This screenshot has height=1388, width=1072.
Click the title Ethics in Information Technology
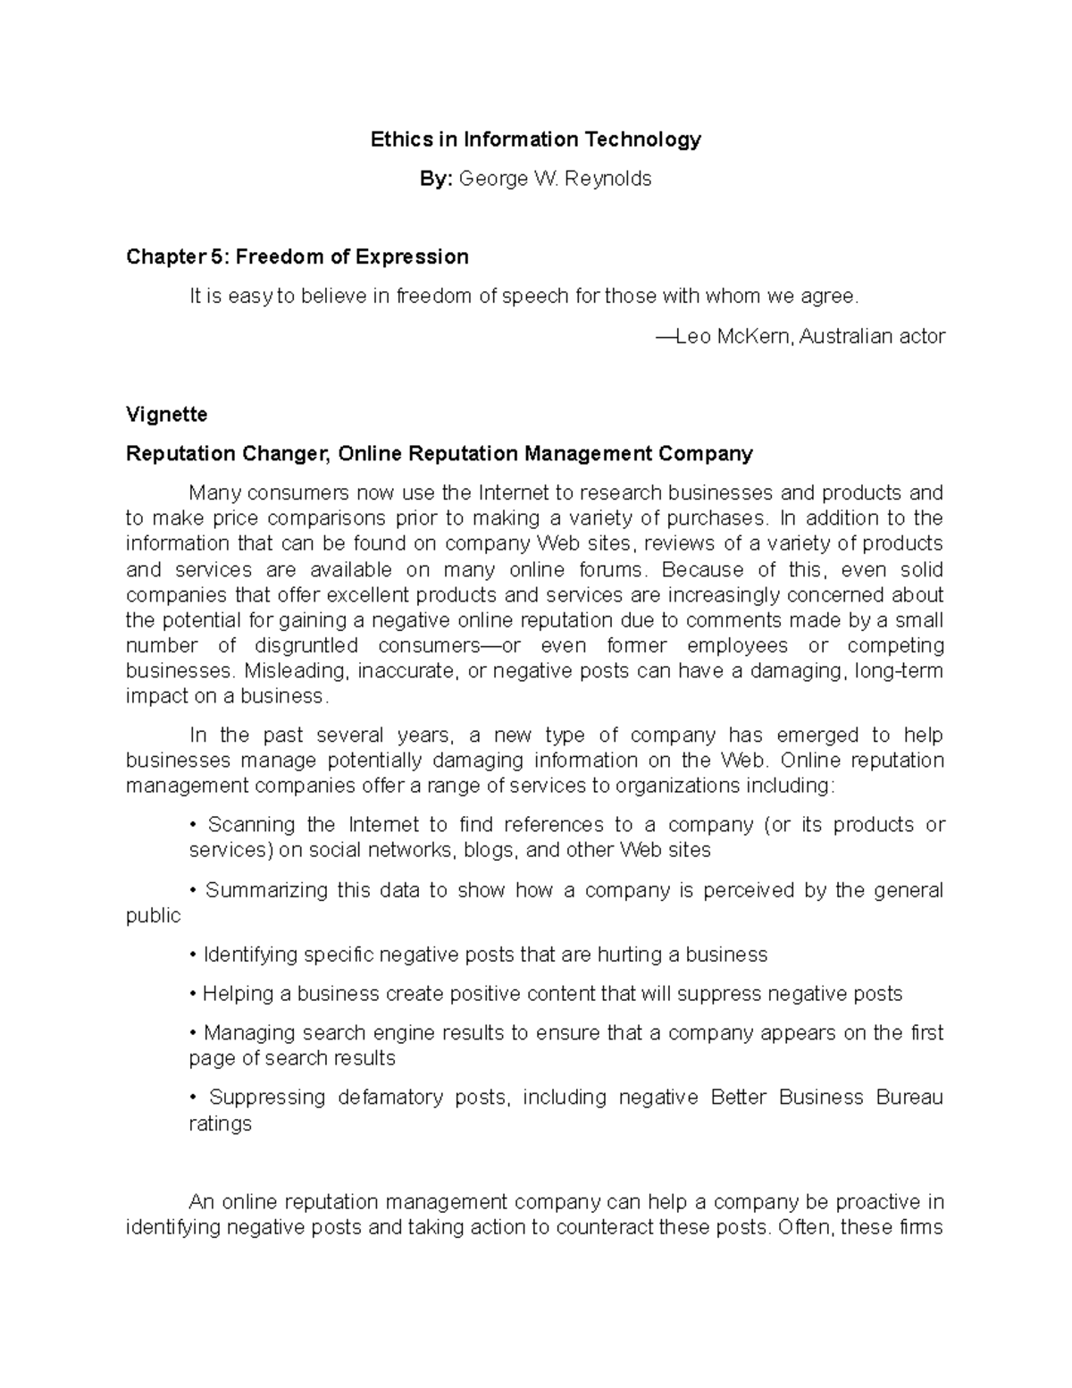[536, 139]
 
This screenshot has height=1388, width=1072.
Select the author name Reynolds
[609, 179]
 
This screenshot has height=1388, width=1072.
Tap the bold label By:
[437, 179]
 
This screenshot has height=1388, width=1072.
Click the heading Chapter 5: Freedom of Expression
[297, 257]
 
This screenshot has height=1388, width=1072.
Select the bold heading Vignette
[166, 415]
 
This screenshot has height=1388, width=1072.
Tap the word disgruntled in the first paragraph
[306, 646]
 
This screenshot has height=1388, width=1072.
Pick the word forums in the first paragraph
[610, 570]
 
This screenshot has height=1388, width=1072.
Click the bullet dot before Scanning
[193, 826]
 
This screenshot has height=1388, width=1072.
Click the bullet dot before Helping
[193, 995]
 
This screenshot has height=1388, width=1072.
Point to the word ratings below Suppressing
[220, 1124]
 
